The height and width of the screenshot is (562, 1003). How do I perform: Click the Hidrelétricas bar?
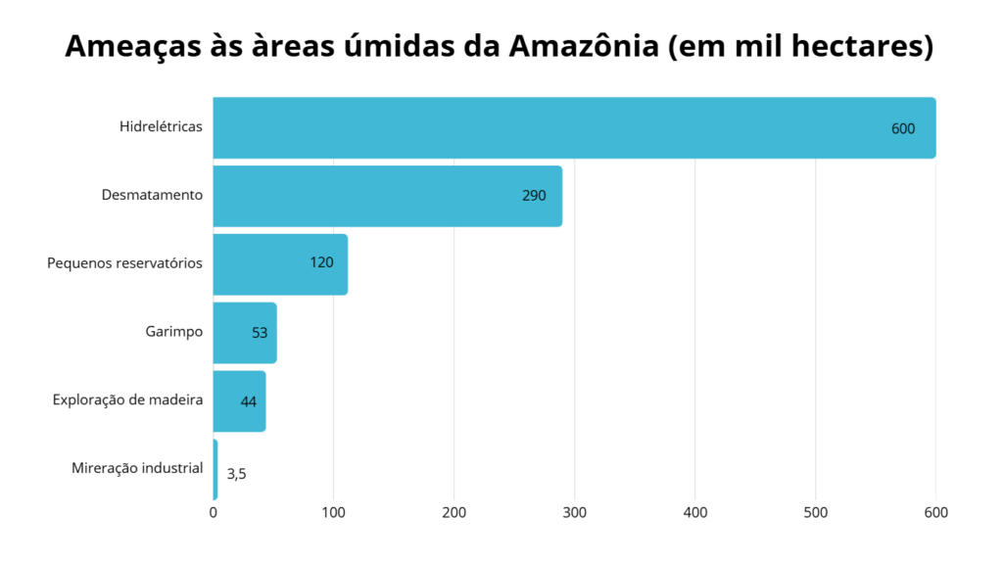click(573, 127)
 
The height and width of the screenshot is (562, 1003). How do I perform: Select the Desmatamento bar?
click(387, 196)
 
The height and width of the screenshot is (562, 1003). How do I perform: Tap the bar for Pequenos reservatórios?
click(279, 263)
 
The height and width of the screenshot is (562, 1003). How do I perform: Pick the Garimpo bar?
click(244, 332)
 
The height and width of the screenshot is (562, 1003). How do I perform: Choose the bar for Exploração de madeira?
click(238, 400)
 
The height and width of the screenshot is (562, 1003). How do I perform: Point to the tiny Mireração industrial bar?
click(215, 470)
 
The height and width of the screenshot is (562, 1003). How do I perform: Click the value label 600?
click(902, 128)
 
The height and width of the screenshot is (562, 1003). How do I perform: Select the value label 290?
click(534, 196)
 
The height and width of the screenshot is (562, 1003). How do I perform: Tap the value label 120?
click(321, 262)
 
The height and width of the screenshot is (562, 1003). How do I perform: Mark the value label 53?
click(260, 333)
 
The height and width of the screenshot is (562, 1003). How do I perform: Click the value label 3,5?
click(236, 474)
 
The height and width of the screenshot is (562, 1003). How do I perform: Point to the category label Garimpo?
click(173, 331)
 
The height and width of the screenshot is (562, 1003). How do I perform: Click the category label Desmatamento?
click(152, 195)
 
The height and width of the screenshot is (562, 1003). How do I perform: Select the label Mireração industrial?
click(137, 468)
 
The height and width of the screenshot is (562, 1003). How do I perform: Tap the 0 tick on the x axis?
click(214, 512)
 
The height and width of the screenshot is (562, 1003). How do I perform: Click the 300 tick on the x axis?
click(575, 512)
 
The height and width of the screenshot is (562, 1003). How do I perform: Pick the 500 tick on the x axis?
click(815, 512)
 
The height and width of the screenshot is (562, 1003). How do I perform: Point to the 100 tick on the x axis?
click(334, 512)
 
